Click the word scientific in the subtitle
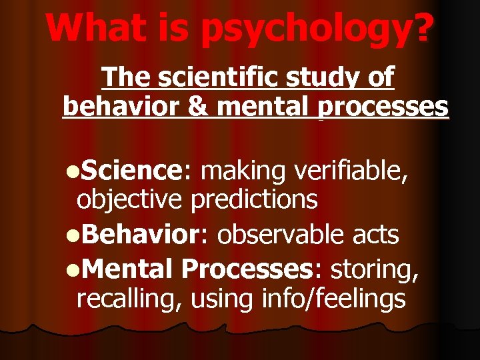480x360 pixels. pyautogui.click(x=219, y=77)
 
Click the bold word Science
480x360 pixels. pyautogui.click(x=133, y=171)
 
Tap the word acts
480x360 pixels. pyautogui.click(x=377, y=234)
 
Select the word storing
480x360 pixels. pyautogui.click(x=375, y=268)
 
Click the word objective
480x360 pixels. pyautogui.click(x=130, y=199)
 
